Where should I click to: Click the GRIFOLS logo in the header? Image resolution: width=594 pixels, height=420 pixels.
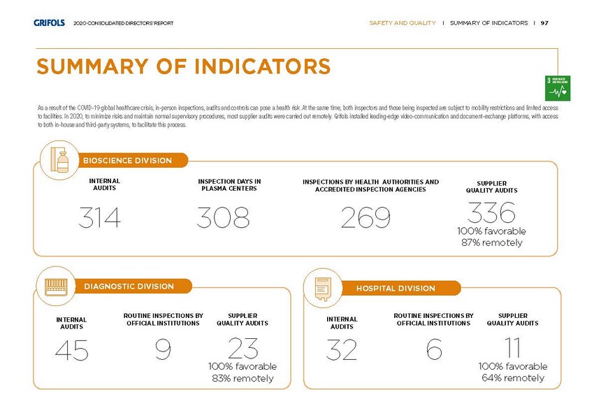click(49, 23)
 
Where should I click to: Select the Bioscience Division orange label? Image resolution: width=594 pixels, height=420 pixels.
click(128, 161)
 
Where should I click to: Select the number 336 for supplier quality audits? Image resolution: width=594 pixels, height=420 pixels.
click(492, 211)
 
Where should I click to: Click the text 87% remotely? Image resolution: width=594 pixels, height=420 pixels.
click(492, 242)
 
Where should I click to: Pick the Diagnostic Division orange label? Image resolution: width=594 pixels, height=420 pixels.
click(129, 287)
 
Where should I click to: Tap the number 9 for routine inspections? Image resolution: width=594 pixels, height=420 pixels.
click(163, 351)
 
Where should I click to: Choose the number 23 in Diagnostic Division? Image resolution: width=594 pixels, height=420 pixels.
click(242, 348)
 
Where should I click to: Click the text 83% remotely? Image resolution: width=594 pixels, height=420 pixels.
click(242, 379)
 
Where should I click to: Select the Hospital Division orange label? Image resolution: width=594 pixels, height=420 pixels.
click(396, 288)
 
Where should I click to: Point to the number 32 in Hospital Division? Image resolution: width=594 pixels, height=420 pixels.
click(342, 351)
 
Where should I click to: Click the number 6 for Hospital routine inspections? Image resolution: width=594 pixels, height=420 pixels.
click(434, 351)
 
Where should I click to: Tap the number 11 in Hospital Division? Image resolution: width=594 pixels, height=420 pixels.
click(513, 347)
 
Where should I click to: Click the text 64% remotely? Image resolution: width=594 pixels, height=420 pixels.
click(513, 378)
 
